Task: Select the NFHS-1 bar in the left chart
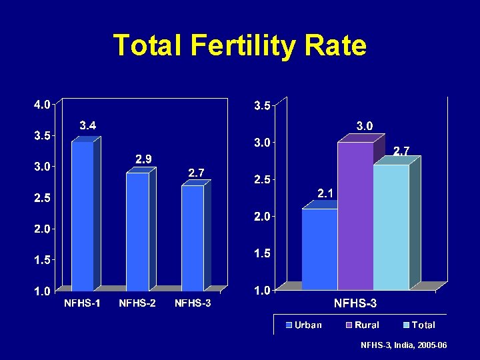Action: tap(83, 217)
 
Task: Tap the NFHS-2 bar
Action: tap(137, 231)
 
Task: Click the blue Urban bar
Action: tap(319, 249)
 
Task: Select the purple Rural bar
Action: tap(355, 216)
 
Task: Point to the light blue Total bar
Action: tap(391, 227)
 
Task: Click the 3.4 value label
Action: tap(88, 125)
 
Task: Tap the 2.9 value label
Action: tap(143, 159)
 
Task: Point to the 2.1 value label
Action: tap(326, 193)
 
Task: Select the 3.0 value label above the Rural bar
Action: tap(364, 126)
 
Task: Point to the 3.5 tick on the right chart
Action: tap(261, 105)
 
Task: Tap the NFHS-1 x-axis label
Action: tap(83, 304)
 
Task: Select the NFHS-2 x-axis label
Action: tap(137, 304)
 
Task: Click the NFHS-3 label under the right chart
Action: tap(355, 304)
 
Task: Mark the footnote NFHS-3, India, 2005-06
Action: tap(403, 345)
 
